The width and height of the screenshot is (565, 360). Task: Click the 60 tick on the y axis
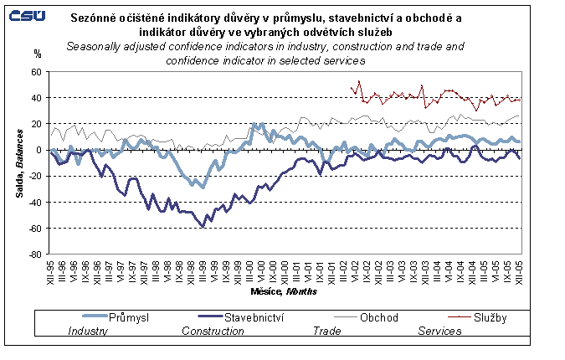35,72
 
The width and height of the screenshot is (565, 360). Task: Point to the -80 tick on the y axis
33,254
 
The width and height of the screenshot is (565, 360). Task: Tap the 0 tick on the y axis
38,150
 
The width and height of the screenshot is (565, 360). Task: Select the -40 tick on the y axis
33,202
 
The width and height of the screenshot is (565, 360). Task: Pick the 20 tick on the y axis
35,124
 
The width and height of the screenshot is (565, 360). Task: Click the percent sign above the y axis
37,54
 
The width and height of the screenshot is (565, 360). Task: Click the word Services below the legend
440,331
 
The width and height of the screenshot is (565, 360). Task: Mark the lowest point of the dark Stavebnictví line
203,226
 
